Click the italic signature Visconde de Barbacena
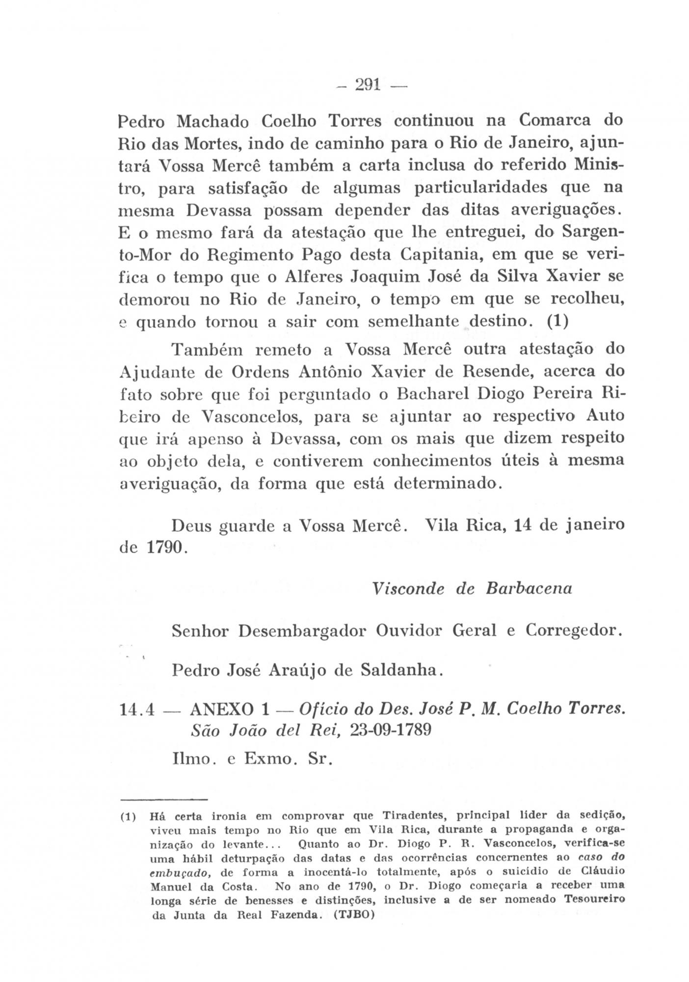click(x=472, y=588)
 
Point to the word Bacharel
click(x=422, y=394)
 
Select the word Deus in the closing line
click(x=191, y=525)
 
